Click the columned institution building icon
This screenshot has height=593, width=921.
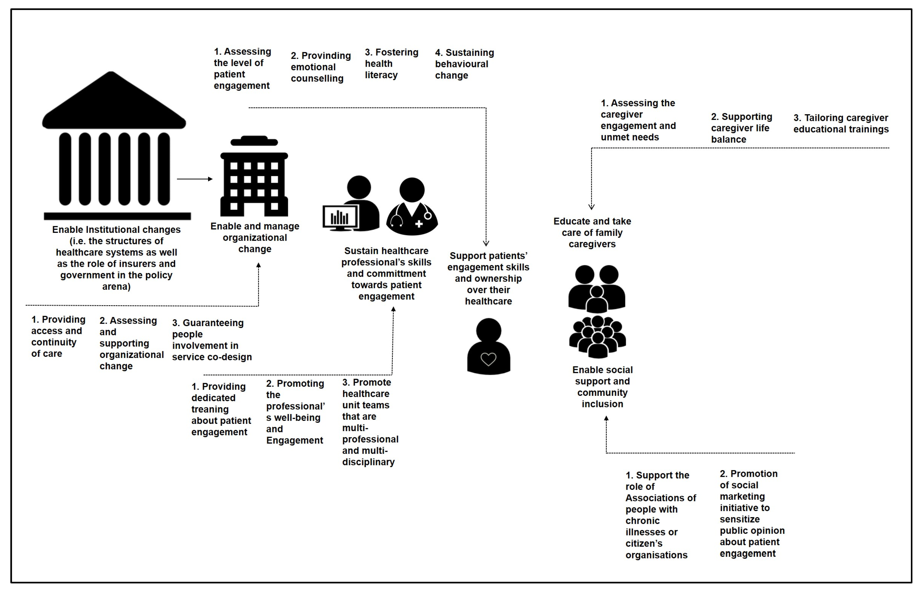point(115,146)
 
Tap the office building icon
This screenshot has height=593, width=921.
point(254,177)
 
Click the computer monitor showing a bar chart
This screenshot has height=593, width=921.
point(340,218)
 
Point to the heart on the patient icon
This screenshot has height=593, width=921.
point(488,359)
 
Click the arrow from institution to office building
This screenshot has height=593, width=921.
point(195,179)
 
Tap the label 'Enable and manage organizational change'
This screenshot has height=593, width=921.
point(255,238)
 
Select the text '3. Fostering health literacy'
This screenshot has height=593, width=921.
point(391,64)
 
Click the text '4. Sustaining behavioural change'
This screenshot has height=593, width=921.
point(464,64)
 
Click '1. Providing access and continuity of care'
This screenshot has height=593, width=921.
point(58,336)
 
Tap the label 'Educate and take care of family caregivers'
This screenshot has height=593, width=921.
point(592,233)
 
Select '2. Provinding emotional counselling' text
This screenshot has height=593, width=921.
point(320,67)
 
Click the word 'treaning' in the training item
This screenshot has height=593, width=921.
point(210,409)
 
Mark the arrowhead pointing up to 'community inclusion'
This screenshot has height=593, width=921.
point(606,418)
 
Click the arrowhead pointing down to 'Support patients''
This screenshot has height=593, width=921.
point(486,243)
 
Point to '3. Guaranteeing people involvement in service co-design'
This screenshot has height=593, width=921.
point(212,340)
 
